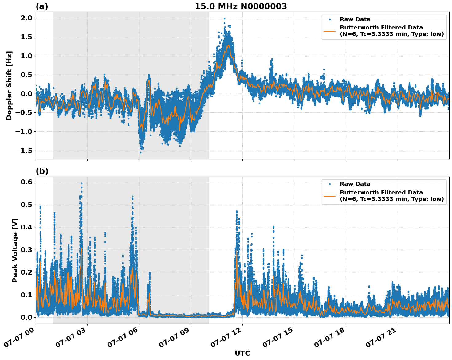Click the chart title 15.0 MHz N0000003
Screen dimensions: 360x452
click(241, 6)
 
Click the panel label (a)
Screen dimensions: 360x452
click(42, 6)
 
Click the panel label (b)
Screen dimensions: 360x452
click(42, 171)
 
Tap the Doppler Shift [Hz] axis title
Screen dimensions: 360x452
click(9, 85)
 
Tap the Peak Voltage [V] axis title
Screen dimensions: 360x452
click(15, 250)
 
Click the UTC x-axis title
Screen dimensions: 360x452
click(242, 353)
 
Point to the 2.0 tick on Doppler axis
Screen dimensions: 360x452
click(26, 18)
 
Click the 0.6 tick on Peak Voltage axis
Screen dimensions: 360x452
click(26, 182)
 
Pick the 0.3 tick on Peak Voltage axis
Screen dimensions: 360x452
click(26, 250)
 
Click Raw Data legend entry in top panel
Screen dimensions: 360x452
click(355, 19)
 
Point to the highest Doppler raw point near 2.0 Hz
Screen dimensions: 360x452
click(224, 19)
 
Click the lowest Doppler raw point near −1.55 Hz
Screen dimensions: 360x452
click(140, 152)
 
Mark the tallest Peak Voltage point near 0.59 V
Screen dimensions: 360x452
click(81, 183)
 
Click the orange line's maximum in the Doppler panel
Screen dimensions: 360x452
click(228, 45)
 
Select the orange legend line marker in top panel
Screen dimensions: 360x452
click(330, 31)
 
